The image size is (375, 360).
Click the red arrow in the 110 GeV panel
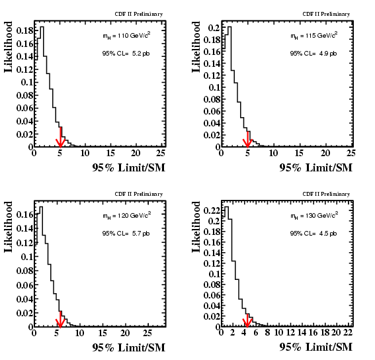60,137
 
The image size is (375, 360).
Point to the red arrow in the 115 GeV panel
247,140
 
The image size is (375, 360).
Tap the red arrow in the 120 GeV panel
60,320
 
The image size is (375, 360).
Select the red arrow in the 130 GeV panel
247,320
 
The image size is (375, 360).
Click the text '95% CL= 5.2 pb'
126,54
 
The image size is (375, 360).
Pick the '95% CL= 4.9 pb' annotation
313,54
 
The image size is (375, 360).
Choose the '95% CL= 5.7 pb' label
126,234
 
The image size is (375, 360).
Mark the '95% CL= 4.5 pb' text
313,234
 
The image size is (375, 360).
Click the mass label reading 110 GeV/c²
126,36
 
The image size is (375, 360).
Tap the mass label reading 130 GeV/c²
314,216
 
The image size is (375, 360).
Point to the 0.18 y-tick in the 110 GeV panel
24,31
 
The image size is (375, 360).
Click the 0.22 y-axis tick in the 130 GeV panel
212,210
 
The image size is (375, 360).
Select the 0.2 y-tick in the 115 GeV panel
214,28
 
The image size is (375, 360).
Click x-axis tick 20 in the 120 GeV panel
125,333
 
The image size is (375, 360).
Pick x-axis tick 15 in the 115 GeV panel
299,153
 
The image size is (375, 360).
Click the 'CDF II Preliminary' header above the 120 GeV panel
139,194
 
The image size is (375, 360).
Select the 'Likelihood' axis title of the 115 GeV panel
196,47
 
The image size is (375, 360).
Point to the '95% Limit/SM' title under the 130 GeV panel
315,347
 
